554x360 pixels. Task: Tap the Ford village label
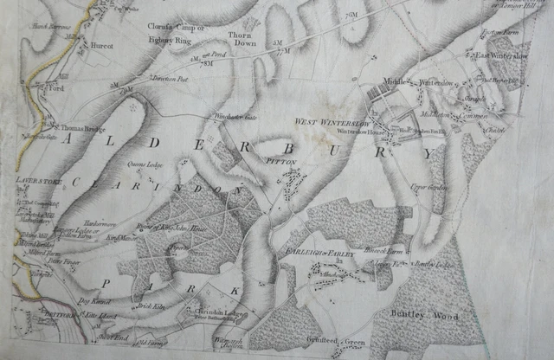point(58,88)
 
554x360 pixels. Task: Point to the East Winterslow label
point(501,55)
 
